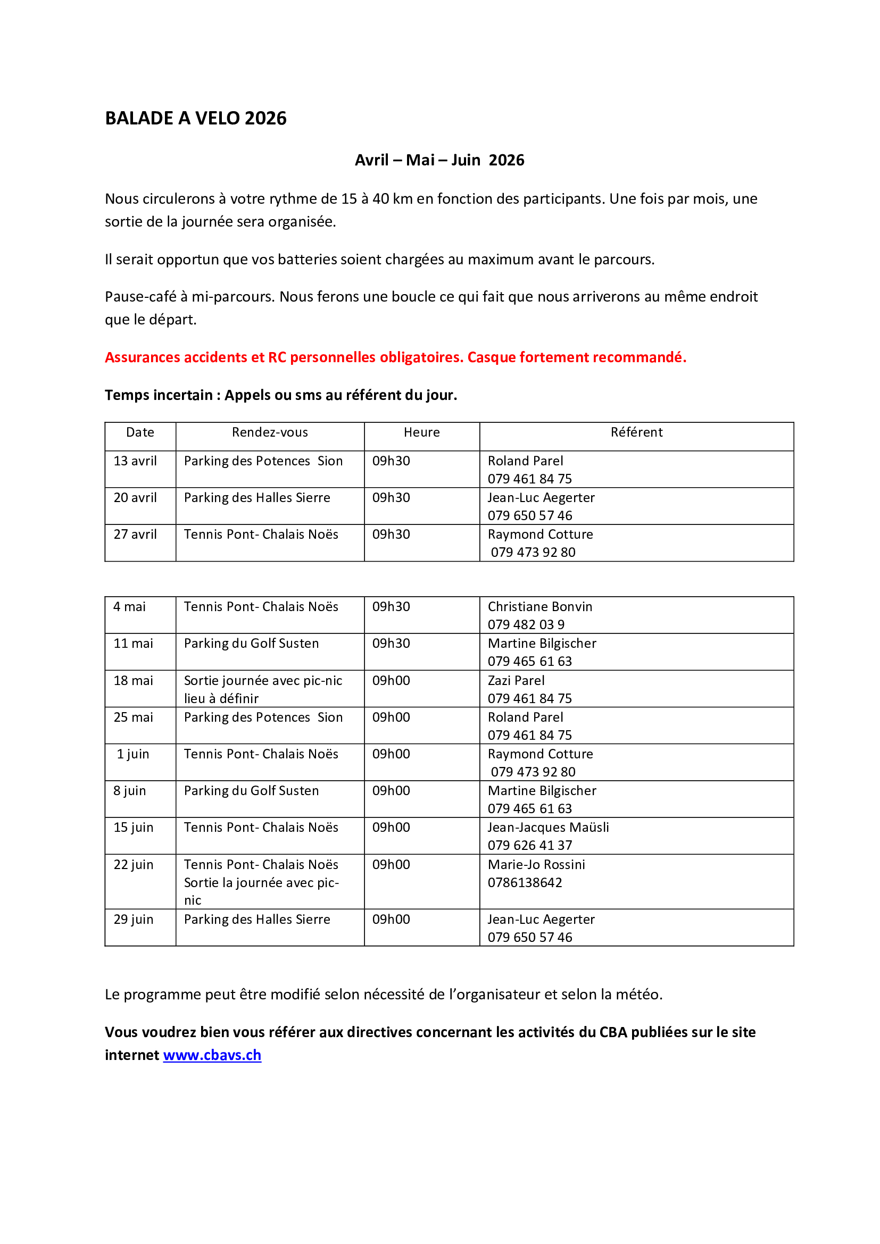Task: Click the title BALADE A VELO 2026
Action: tap(196, 118)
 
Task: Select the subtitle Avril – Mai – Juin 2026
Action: tap(439, 160)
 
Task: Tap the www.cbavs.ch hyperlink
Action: tap(212, 1055)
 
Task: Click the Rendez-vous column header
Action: tap(270, 432)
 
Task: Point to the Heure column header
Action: tap(421, 432)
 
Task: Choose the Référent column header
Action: tap(636, 432)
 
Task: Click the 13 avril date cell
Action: tap(135, 461)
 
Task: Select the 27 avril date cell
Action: tap(135, 535)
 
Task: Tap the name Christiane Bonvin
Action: tap(539, 607)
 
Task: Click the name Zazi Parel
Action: tap(516, 681)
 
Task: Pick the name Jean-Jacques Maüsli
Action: tap(548, 828)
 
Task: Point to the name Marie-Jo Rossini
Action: tap(536, 865)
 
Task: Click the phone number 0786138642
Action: tap(525, 883)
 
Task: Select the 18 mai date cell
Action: tap(134, 681)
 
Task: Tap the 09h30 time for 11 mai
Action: tap(391, 644)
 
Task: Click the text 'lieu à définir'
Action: tap(221, 698)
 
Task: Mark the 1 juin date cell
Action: tap(133, 754)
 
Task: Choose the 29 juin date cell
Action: tap(134, 920)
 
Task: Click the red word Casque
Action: tap(491, 357)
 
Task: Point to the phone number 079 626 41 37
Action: tap(529, 845)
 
